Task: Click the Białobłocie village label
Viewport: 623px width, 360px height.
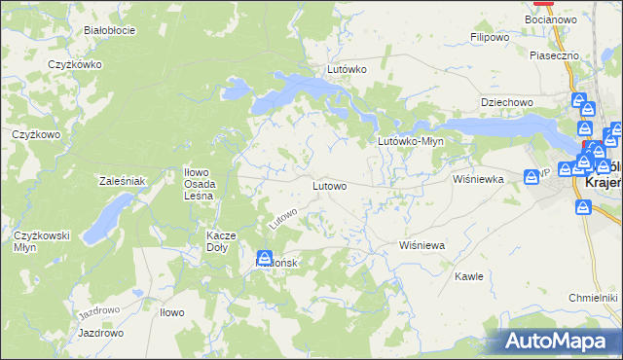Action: pos(109,30)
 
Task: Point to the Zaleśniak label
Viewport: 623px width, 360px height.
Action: pos(122,181)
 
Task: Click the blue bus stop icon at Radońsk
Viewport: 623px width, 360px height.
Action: pos(264,258)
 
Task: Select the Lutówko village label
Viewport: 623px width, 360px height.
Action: pos(347,70)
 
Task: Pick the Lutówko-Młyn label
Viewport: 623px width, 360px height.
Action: pos(411,141)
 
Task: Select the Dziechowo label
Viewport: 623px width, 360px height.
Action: pos(507,102)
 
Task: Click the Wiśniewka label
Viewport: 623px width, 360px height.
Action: pos(477,179)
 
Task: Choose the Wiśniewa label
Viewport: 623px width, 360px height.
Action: pos(421,245)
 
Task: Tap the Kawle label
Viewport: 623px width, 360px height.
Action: pos(469,276)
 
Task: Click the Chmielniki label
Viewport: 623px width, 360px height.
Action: pos(593,297)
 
